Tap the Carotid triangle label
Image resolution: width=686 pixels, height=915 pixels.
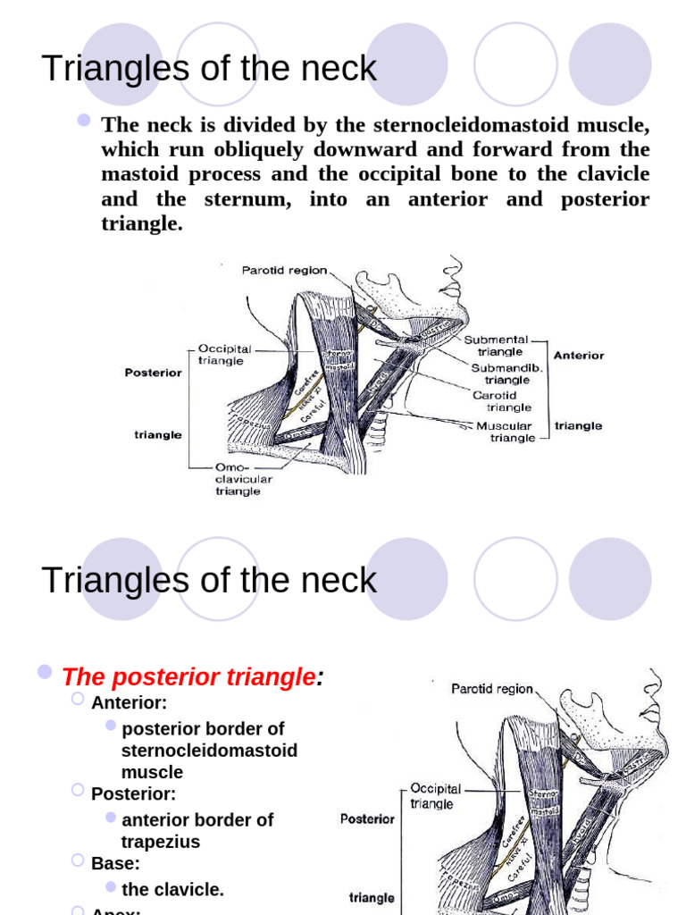[x=501, y=401]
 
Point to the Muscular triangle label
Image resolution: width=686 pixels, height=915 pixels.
[x=504, y=432]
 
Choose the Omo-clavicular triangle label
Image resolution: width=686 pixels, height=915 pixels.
[x=242, y=479]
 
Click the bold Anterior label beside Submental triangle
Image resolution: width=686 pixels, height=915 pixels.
[x=579, y=355]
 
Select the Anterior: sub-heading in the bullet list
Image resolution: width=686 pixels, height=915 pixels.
[x=129, y=702]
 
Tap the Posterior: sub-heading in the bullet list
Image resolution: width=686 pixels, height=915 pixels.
[x=133, y=793]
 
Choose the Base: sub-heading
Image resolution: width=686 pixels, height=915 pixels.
[x=115, y=863]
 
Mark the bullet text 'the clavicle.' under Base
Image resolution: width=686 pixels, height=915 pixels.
[x=172, y=889]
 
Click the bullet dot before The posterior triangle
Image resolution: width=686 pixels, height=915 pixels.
[x=45, y=672]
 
